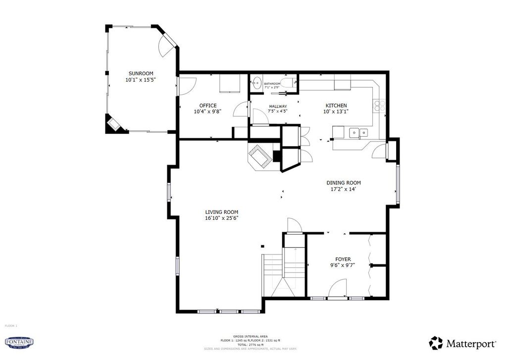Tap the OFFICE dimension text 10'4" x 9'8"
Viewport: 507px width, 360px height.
[x=207, y=111]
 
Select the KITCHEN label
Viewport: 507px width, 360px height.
[x=336, y=105]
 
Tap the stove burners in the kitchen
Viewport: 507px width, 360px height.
[x=379, y=105]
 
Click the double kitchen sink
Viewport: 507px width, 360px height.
[x=358, y=132]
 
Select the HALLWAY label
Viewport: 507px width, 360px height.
[x=278, y=106]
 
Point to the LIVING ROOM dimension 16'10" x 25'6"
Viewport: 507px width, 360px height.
[x=222, y=218]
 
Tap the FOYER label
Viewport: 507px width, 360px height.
[x=343, y=259]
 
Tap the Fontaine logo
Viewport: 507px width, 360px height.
[x=19, y=342]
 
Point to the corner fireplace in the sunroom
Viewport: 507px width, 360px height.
[x=113, y=124]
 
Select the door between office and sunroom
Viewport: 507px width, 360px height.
[x=184, y=87]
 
